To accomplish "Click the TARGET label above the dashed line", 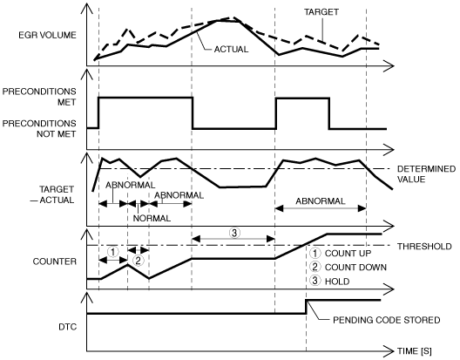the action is [x=321, y=12].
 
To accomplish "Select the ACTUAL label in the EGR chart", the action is [x=231, y=50].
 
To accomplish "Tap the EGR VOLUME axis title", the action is [x=47, y=35].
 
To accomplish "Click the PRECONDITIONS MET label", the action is [x=39, y=97].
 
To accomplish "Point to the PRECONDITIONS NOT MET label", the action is [x=39, y=129].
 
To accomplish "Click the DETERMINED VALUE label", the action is [x=426, y=174].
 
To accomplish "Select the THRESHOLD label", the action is [x=424, y=247].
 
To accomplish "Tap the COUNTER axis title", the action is [x=55, y=262].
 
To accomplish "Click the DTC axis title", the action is [x=67, y=327].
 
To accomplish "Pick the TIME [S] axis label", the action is [x=414, y=351].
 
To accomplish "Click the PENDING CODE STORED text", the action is [x=386, y=320].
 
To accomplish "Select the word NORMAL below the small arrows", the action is [x=152, y=219].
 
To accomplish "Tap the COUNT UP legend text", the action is [x=348, y=254].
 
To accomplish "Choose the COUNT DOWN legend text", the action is [x=355, y=268].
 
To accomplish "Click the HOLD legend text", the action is [x=337, y=282].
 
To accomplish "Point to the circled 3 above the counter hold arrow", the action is [x=234, y=233].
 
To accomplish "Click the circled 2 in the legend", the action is [x=315, y=267].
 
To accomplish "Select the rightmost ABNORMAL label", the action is [x=321, y=201].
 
